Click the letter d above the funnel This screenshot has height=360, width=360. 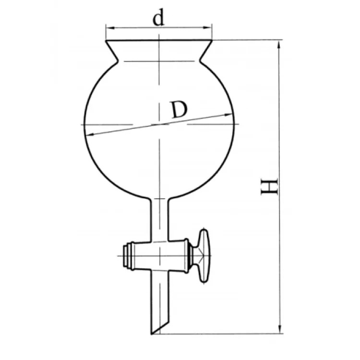(x=159, y=18)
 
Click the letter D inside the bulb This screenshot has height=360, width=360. (x=180, y=110)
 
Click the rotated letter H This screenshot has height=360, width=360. (x=269, y=186)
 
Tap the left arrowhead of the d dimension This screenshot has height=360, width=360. (x=110, y=28)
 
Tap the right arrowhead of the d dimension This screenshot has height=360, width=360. (x=207, y=28)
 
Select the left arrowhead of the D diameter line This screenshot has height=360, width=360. (x=90, y=134)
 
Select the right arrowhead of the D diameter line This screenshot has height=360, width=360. (x=228, y=115)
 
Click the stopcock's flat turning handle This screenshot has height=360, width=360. (x=204, y=255)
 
